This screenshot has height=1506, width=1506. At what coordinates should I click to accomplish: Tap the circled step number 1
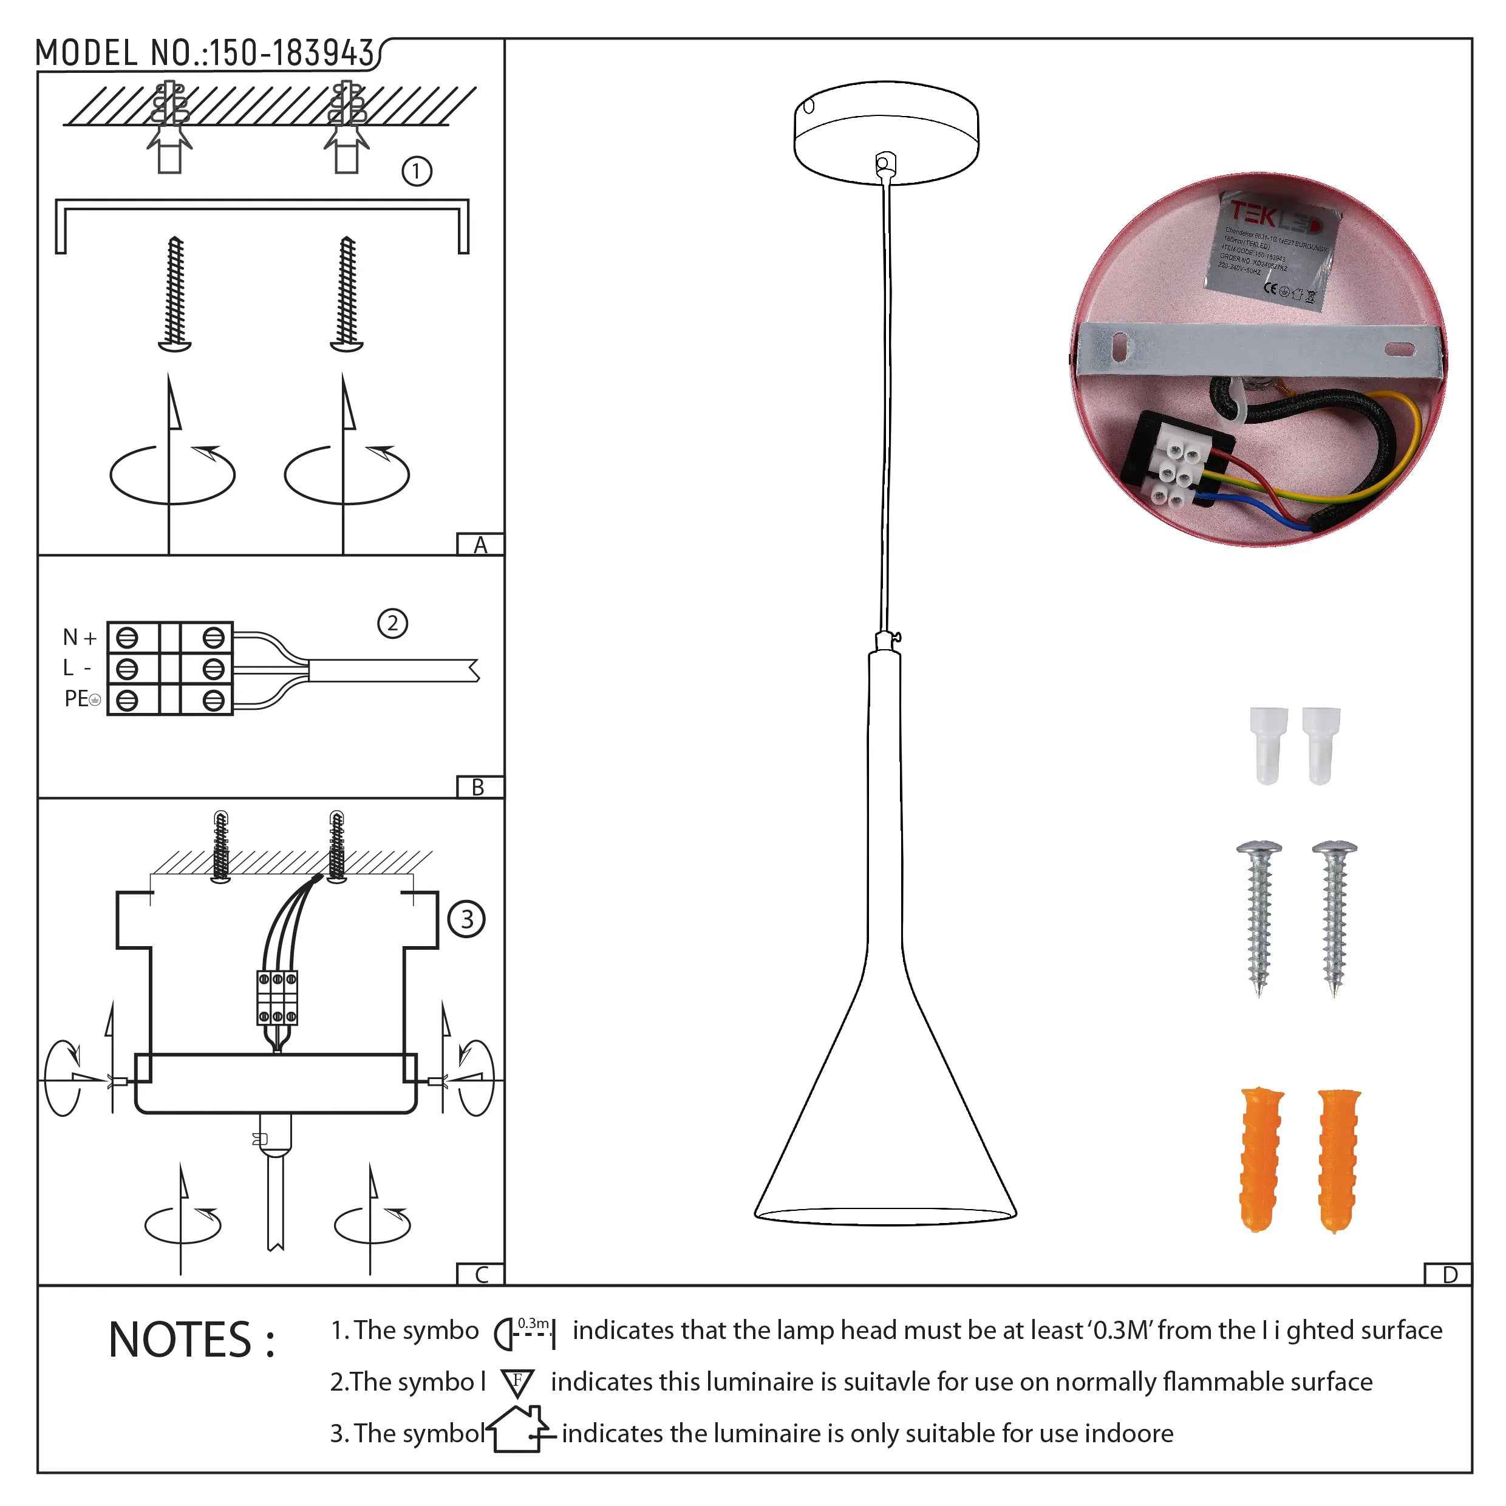pyautogui.click(x=416, y=171)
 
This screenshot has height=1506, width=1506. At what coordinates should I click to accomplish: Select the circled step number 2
pyautogui.click(x=392, y=624)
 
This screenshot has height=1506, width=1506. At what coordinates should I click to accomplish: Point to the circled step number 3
pyautogui.click(x=466, y=919)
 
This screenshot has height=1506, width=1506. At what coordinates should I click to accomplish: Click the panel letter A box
pyautogui.click(x=480, y=545)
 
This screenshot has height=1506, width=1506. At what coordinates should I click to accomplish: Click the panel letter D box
pyautogui.click(x=1449, y=1275)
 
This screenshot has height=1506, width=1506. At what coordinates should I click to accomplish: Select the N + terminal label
pyautogui.click(x=80, y=638)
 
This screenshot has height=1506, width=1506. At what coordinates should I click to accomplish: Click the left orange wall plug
pyautogui.click(x=1261, y=1159)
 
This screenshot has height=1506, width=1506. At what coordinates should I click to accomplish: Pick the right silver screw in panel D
pyautogui.click(x=1335, y=918)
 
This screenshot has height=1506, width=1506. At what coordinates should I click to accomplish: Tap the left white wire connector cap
pyautogui.click(x=1268, y=744)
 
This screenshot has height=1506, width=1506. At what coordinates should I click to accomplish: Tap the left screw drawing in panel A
pyautogui.click(x=175, y=295)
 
